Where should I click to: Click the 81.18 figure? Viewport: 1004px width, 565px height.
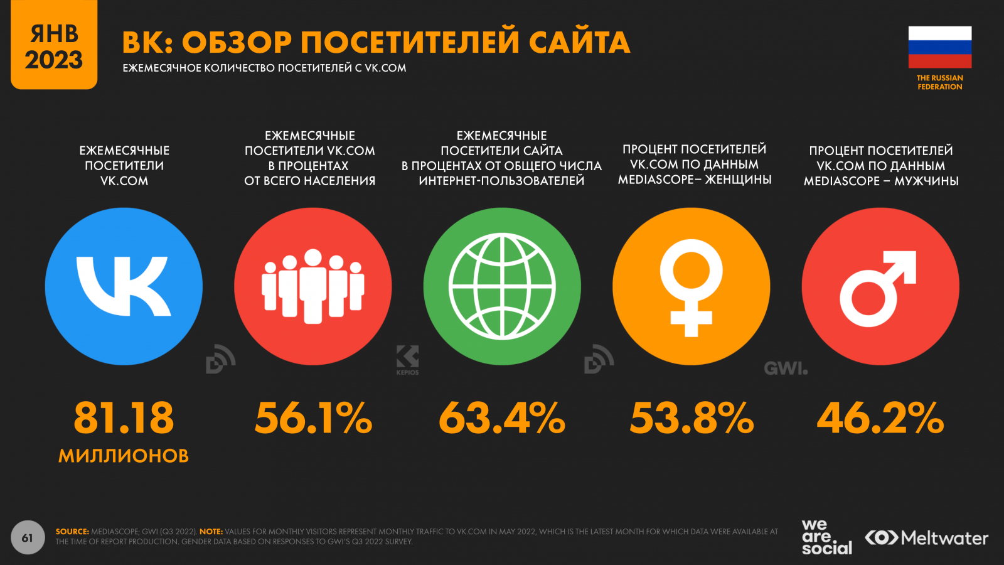click(x=124, y=418)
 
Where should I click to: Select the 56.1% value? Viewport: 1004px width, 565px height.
click(x=313, y=418)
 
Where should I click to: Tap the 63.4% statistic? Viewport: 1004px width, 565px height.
click(x=502, y=418)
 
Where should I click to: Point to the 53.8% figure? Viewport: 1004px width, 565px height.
click(x=692, y=418)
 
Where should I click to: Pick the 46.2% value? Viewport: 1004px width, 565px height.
click(x=880, y=418)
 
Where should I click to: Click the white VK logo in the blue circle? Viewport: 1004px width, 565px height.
click(x=124, y=286)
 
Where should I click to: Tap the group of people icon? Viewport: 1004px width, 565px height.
click(x=313, y=286)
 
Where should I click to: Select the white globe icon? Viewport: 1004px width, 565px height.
click(x=502, y=286)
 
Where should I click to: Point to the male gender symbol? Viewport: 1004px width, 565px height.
click(x=878, y=288)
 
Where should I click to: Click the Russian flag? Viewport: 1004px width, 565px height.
click(x=939, y=47)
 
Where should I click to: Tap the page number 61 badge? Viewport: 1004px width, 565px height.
click(x=28, y=537)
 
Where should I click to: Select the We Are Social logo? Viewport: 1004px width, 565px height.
click(x=826, y=537)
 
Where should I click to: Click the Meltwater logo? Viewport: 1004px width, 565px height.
click(x=926, y=538)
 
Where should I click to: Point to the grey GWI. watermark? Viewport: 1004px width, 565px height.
click(x=786, y=369)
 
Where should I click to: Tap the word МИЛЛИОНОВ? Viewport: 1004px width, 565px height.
click(x=124, y=456)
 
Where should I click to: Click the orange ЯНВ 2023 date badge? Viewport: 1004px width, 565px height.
click(x=54, y=45)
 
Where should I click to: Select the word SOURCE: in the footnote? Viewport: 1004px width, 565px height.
click(x=72, y=532)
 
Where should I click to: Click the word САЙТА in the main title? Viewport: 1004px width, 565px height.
click(x=579, y=43)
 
